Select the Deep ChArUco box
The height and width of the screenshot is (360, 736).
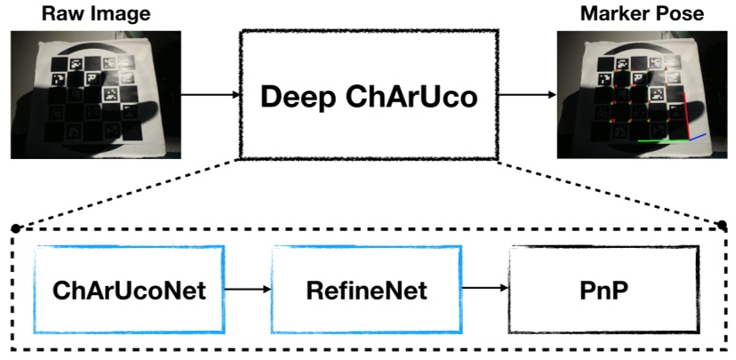368,92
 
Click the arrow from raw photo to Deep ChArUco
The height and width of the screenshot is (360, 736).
210,94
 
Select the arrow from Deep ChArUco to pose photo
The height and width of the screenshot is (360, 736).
525,94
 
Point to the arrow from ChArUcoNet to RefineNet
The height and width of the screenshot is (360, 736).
247,288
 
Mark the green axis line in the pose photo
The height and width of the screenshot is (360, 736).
662,140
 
